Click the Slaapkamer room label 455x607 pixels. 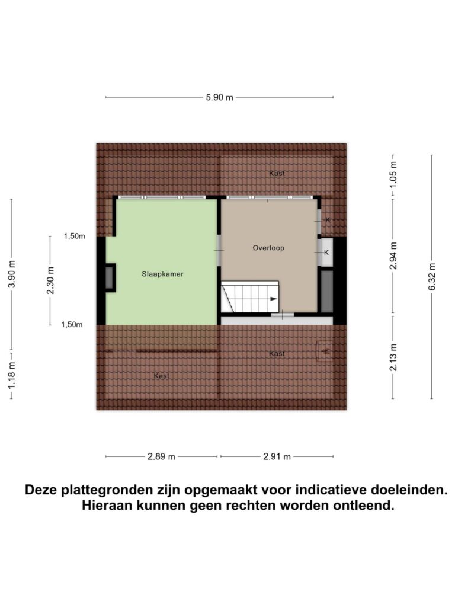click(x=162, y=274)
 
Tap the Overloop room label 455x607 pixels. click(x=268, y=248)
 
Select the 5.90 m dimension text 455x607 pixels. click(x=219, y=98)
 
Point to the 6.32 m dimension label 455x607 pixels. click(x=432, y=276)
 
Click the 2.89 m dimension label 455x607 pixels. click(x=161, y=457)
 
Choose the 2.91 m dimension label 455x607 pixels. click(x=277, y=457)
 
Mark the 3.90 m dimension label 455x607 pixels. click(x=12, y=274)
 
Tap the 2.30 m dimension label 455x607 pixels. click(x=51, y=280)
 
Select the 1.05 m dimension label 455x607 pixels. click(x=393, y=174)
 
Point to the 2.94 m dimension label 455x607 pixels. click(x=393, y=256)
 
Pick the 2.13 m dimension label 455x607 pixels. click(x=393, y=357)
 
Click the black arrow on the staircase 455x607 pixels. click(x=274, y=299)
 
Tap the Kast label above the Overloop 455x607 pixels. click(x=277, y=174)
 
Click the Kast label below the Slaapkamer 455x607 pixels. click(x=162, y=375)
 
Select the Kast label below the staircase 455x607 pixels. click(x=277, y=353)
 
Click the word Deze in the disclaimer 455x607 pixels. click(x=41, y=490)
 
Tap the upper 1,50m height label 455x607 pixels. click(x=75, y=236)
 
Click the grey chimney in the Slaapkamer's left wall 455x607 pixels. click(x=110, y=278)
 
